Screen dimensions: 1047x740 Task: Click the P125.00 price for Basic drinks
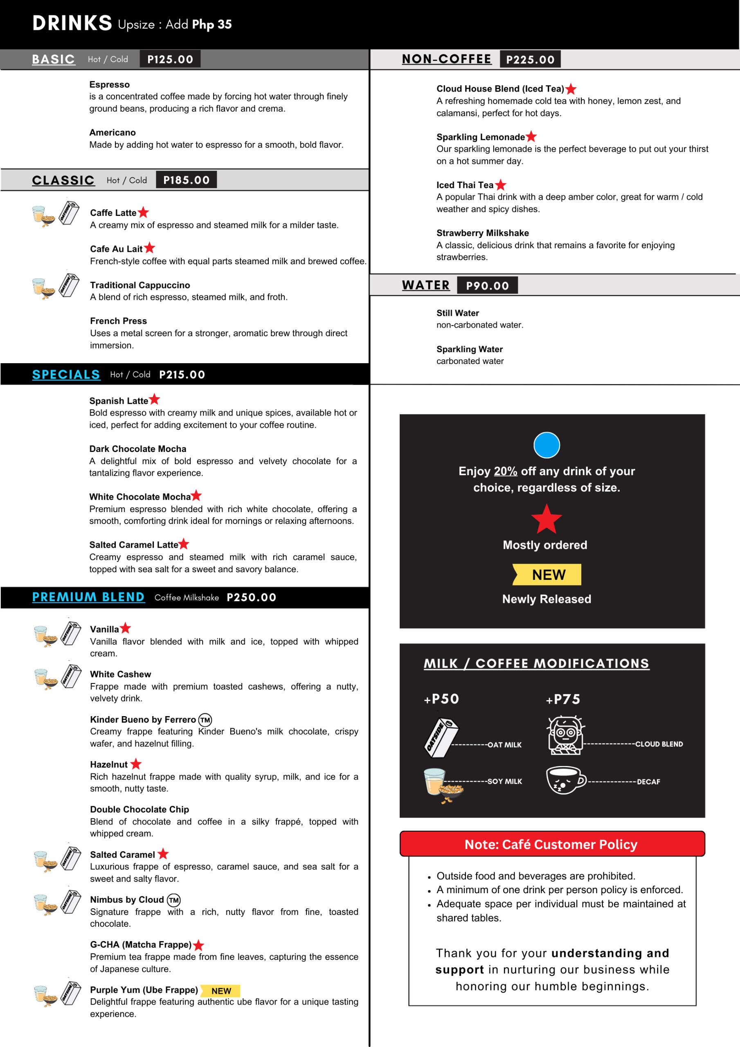170,59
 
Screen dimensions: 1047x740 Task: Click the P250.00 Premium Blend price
252,598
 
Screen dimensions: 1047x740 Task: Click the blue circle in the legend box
546,445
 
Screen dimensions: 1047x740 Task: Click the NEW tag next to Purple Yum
221,991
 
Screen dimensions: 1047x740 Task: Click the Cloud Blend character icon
565,735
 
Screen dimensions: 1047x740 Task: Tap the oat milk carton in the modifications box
440,737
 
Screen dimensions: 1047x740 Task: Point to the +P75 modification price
563,699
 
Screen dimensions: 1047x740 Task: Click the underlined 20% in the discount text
505,471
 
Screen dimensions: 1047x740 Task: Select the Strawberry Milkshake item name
482,233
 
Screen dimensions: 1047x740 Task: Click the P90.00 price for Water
487,286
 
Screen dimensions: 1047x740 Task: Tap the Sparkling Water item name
469,349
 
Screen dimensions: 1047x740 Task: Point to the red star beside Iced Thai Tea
500,185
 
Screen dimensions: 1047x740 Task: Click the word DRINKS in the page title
72,23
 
